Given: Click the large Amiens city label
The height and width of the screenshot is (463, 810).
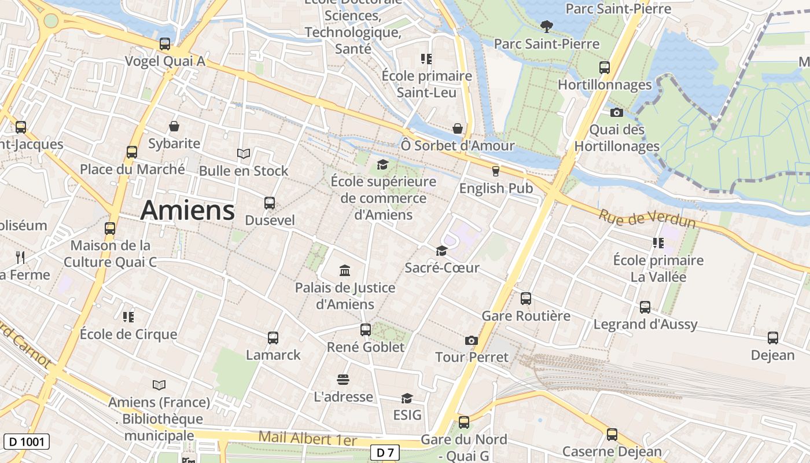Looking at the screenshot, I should (x=187, y=210).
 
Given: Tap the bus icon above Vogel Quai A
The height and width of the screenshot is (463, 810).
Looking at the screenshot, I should (x=165, y=44).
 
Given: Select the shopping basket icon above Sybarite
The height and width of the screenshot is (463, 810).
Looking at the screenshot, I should (x=174, y=126).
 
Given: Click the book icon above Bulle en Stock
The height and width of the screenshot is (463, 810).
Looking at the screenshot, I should (x=244, y=153).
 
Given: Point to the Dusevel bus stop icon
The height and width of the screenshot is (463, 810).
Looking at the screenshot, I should (x=270, y=203).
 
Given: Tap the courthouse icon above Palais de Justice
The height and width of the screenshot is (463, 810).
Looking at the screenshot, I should (x=345, y=270).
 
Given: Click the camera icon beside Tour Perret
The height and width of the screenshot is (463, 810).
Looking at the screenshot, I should (x=472, y=340).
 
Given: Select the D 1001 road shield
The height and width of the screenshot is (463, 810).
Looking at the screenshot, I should (x=27, y=442).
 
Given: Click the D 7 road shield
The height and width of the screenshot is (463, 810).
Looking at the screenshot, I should (x=385, y=453).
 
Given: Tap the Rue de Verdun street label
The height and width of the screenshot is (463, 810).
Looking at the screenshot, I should (x=647, y=218).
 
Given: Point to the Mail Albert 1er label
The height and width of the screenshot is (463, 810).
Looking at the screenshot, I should (x=307, y=438).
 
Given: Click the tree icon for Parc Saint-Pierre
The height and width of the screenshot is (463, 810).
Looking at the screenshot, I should (x=546, y=27).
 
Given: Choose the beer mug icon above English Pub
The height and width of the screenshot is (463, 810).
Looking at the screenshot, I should (x=495, y=171).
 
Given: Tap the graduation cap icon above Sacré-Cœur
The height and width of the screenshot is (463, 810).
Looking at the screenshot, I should (x=441, y=251).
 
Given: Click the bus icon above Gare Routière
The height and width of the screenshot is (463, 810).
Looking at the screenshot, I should (x=525, y=299).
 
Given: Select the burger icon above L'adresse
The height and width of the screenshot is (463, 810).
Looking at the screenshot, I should (x=343, y=380).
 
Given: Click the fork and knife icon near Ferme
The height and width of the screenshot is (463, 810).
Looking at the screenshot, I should (x=20, y=257).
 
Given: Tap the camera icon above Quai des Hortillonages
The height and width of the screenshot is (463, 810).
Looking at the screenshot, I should (x=617, y=112).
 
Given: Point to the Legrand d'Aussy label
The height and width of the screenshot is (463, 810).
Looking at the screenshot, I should (x=645, y=324).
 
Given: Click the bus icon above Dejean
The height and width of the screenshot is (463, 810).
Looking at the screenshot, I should (x=772, y=338).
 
